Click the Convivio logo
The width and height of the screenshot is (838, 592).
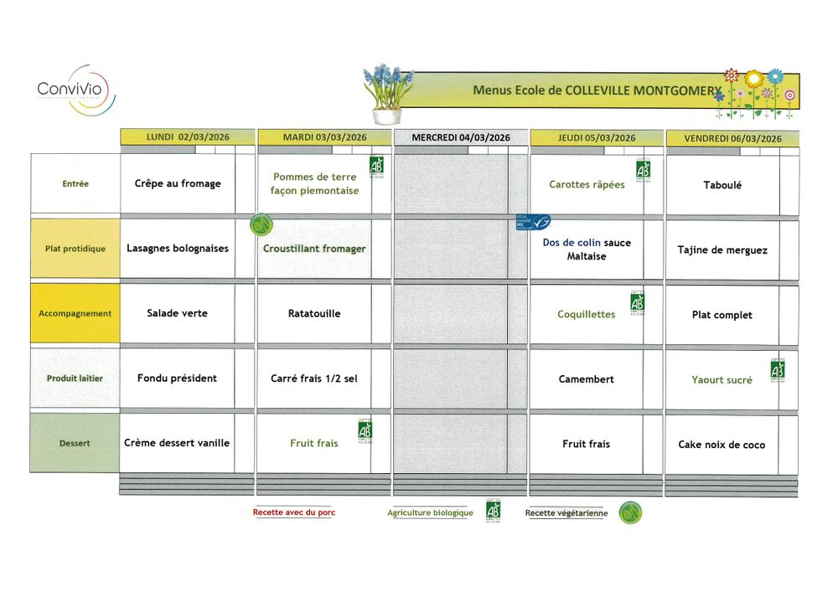(75, 90)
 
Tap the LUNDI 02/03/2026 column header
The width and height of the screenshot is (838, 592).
(187, 137)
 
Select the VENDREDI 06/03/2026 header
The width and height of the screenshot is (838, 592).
(732, 138)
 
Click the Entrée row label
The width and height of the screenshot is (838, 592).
(75, 184)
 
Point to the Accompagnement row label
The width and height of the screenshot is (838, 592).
(75, 314)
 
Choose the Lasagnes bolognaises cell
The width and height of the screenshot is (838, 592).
(178, 249)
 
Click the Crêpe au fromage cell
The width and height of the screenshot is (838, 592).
(178, 183)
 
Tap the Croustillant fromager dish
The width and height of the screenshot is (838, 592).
(314, 249)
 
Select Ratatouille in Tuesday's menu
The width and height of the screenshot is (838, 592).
(314, 314)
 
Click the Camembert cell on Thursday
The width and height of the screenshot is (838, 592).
(587, 379)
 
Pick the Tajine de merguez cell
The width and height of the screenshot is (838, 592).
(722, 250)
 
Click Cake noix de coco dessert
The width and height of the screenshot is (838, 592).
(722, 445)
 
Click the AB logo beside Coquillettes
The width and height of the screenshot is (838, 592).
(637, 302)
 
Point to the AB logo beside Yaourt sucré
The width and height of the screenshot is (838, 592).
(778, 369)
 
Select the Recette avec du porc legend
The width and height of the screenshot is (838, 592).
(293, 512)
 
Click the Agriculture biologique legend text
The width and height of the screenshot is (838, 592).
(430, 512)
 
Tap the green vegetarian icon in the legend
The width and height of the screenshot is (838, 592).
(630, 512)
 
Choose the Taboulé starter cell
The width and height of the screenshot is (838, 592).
(722, 185)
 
